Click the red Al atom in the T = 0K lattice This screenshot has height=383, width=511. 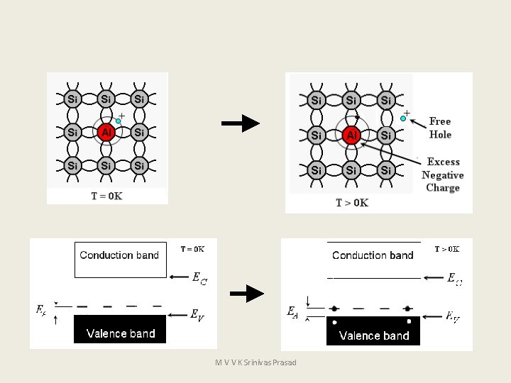pos(106,133)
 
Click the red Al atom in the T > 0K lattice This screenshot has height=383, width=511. pos(351,135)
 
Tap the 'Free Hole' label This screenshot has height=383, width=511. pos(440,128)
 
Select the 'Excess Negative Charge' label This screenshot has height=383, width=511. pos(443,174)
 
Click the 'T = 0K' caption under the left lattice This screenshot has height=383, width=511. pos(106,196)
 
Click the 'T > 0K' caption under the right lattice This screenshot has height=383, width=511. pos(352,203)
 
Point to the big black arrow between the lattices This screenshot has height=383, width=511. pos(241,123)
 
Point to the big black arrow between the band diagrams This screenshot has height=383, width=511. pos(247,292)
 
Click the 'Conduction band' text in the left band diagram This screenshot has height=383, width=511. pos(119,255)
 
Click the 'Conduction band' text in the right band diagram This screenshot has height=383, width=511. pos(373,255)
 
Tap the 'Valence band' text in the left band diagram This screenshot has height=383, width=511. pos(121,333)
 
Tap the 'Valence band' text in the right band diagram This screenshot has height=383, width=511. pos(374,335)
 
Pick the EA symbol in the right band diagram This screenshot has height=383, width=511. pos(292,311)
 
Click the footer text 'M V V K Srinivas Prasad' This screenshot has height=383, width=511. pos(255,362)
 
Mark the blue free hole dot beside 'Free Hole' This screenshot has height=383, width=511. pos(403,119)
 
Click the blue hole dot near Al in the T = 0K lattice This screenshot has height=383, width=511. pos(119,121)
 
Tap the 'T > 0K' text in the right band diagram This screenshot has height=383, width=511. pos(447,249)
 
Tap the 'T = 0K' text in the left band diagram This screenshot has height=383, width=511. pos(192,249)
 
